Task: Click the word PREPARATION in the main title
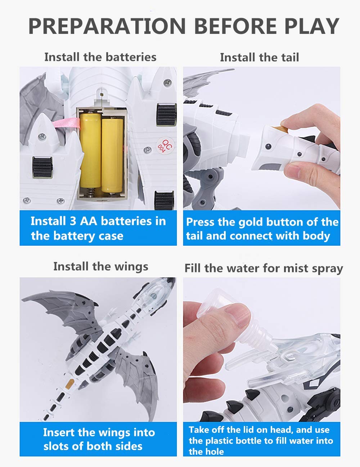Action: tap(107, 26)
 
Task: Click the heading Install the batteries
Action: tap(100, 57)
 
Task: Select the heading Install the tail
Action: tap(259, 57)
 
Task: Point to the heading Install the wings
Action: tap(101, 267)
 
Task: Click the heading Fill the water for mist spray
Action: tap(264, 269)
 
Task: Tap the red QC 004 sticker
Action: tap(165, 146)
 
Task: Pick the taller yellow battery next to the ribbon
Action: tap(90, 150)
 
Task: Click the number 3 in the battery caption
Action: tap(73, 221)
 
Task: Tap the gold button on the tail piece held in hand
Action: tap(280, 129)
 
